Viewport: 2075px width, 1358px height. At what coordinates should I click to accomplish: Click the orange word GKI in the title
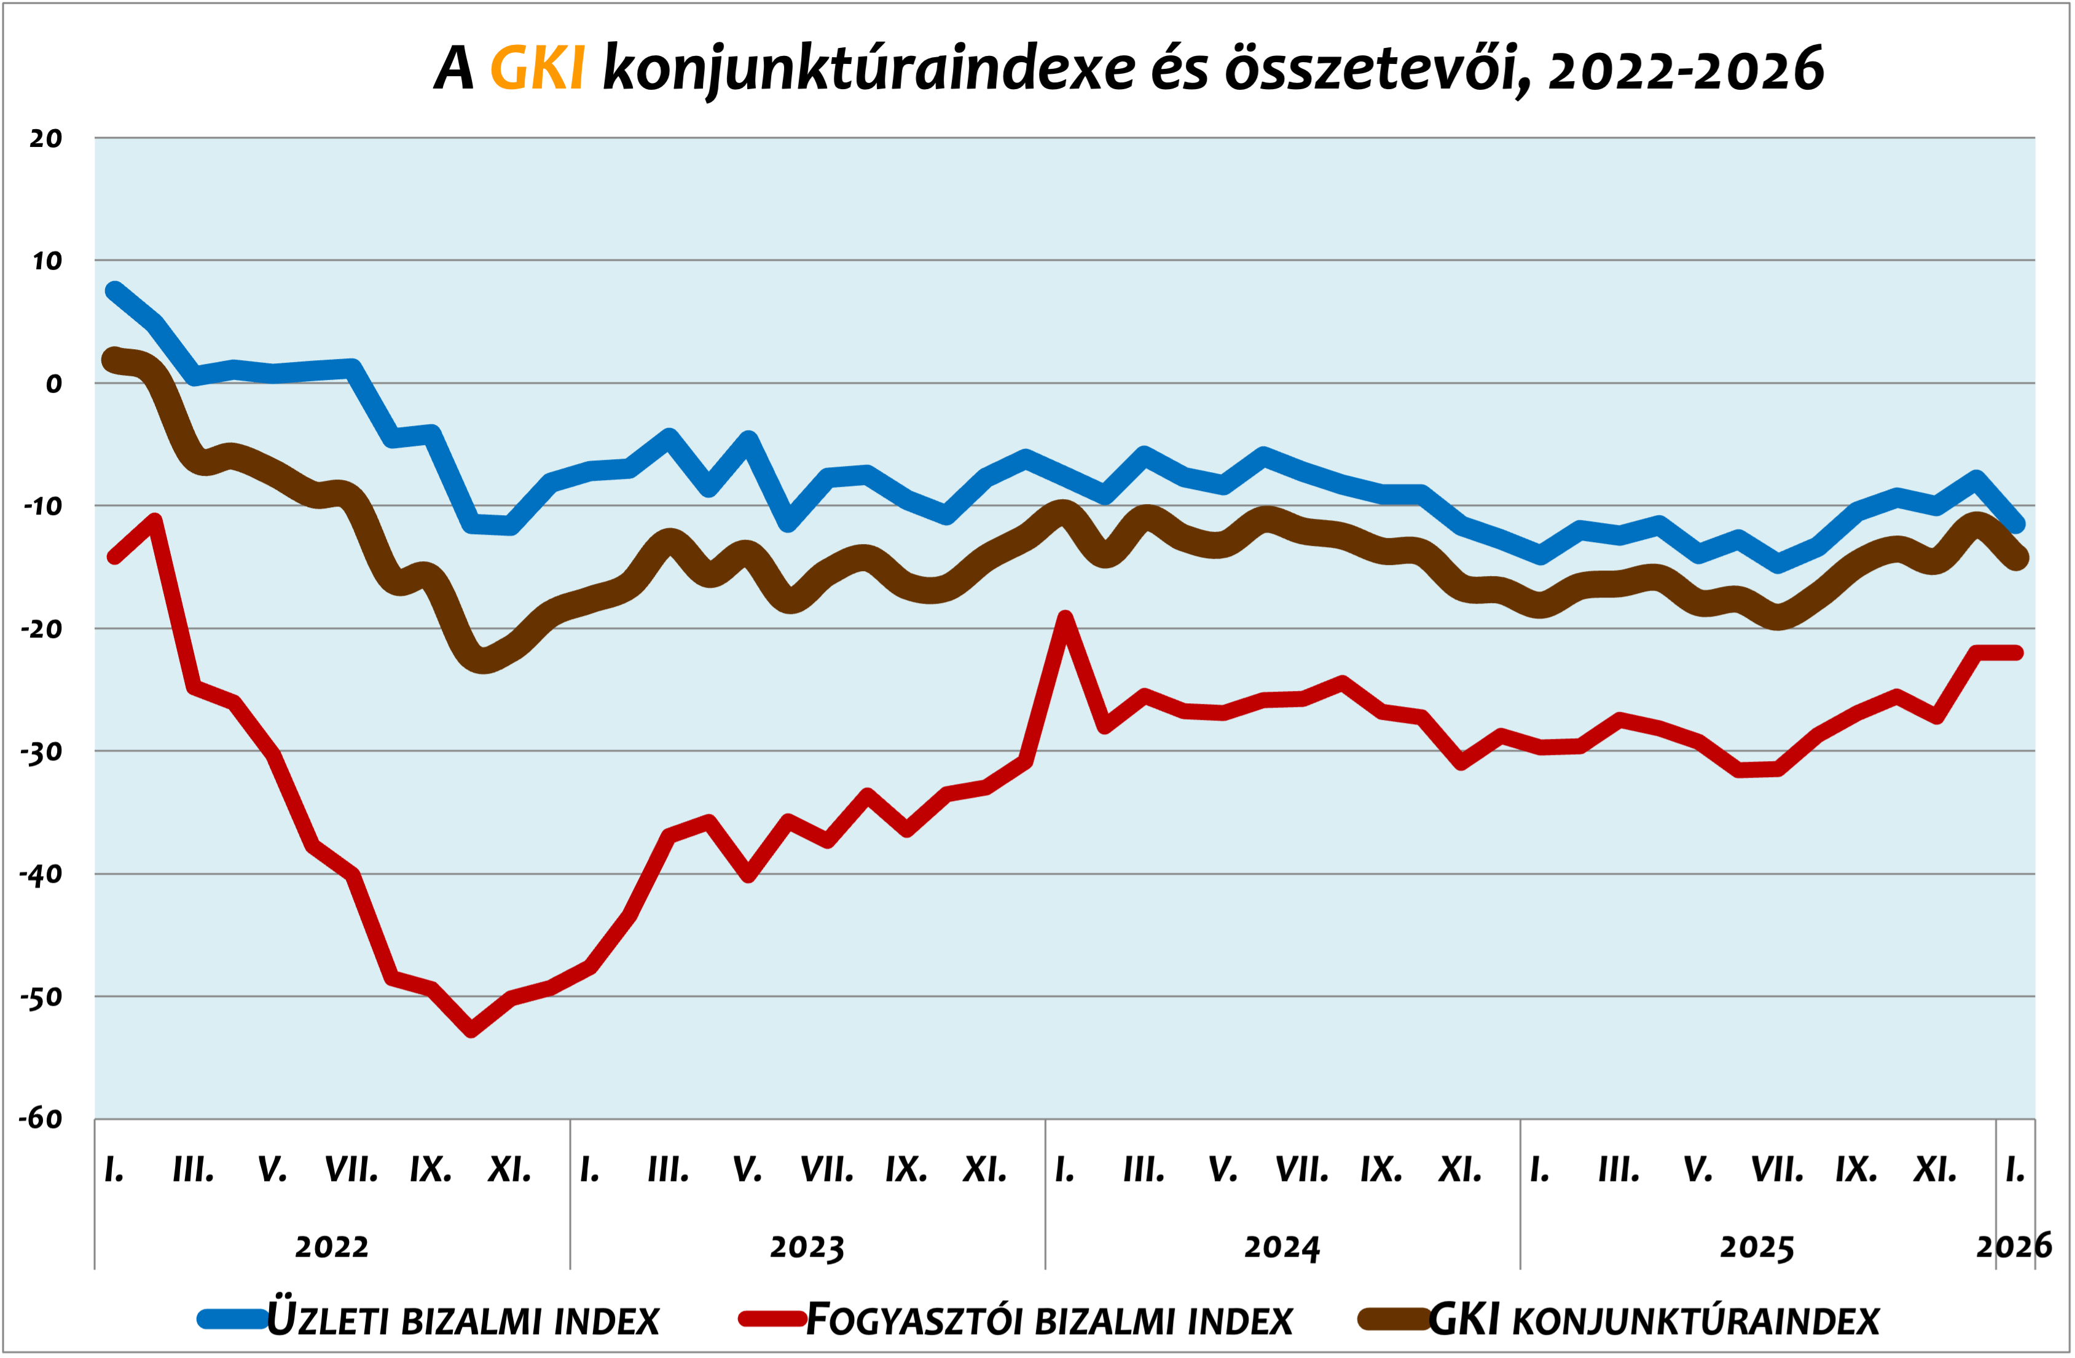537,69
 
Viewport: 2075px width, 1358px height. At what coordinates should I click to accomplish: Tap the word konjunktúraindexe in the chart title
868,69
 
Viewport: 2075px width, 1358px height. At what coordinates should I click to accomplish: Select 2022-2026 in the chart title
1686,69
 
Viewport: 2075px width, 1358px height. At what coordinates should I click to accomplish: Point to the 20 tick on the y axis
45,138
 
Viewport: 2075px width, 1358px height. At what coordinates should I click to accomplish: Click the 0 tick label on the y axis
54,384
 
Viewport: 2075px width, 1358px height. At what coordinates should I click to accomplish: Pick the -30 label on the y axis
42,752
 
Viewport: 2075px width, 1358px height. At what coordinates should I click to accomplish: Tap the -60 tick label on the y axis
42,1119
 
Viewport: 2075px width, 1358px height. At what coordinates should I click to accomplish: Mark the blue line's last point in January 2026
2017,524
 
